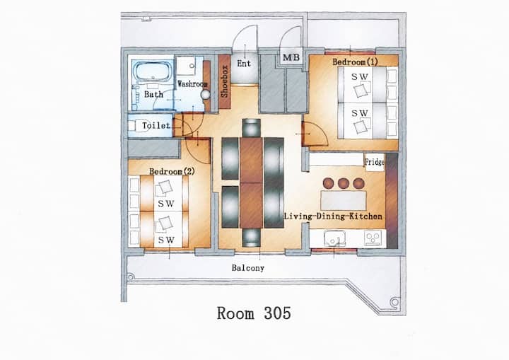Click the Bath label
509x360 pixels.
click(153, 94)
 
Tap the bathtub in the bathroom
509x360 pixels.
click(153, 71)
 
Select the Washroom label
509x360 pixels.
click(192, 84)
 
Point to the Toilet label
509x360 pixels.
click(156, 125)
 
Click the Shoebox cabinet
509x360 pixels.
click(224, 82)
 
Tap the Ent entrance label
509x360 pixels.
click(244, 64)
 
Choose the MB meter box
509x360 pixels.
click(291, 57)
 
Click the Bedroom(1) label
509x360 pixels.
click(355, 62)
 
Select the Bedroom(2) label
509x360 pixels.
click(172, 171)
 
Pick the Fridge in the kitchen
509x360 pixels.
click(375, 161)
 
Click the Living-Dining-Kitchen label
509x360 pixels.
click(333, 216)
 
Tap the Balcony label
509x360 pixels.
click(248, 268)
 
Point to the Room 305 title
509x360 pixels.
click(254, 313)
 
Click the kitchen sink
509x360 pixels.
click(334, 238)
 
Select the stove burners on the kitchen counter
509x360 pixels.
click(373, 238)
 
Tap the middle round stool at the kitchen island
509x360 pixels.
click(344, 183)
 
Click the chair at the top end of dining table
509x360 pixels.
click(252, 128)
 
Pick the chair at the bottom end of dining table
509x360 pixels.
click(252, 238)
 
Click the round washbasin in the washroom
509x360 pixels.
click(206, 95)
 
